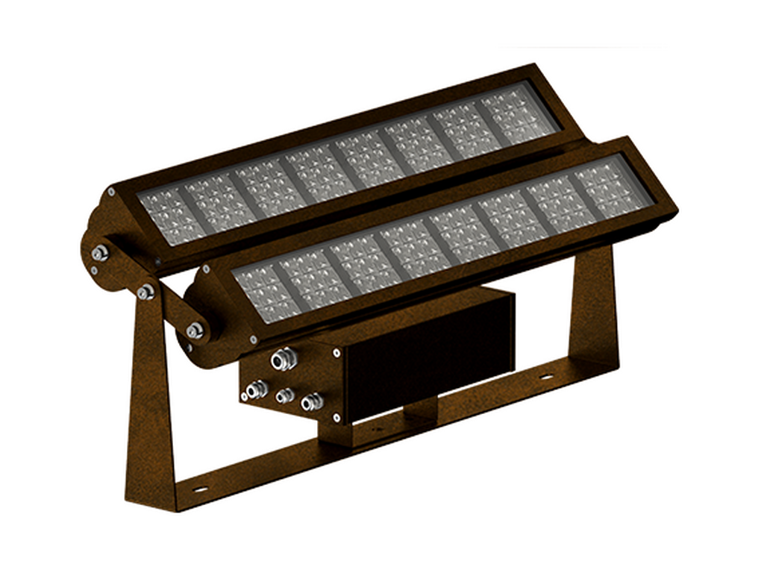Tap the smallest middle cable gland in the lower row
pyautogui.click(x=284, y=396)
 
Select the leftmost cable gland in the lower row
pyautogui.click(x=255, y=388)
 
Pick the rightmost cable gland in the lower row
pyautogui.click(x=311, y=403)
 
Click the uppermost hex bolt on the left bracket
pyautogui.click(x=101, y=254)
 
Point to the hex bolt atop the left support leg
pyautogui.click(x=145, y=292)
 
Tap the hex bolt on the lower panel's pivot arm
pyautogui.click(x=195, y=329)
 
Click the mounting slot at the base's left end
pyautogui.click(x=199, y=490)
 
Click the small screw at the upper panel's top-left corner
pyautogui.click(x=110, y=192)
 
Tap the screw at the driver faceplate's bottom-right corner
pyautogui.click(x=337, y=417)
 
